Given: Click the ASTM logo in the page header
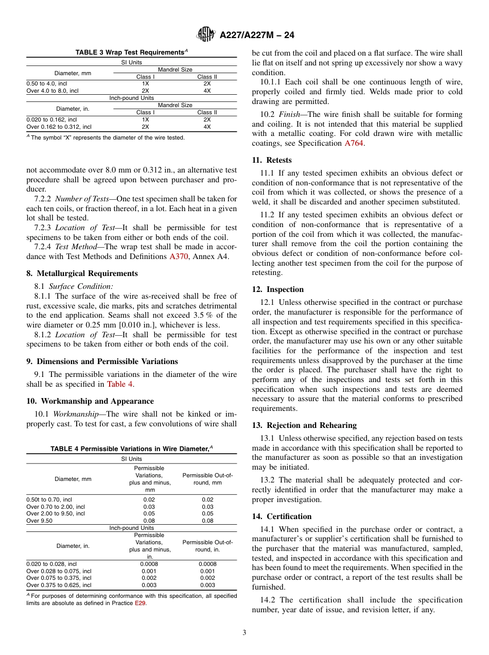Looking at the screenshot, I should click(206, 35).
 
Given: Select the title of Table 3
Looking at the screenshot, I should click(132, 53).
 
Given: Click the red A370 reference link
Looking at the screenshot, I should click(179, 256).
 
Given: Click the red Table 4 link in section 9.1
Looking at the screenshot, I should click(120, 384).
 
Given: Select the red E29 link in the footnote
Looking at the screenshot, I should click(140, 604).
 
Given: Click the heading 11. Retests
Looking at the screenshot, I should click(272, 160).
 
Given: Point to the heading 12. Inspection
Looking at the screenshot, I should click(278, 289).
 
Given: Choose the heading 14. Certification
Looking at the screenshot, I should click(282, 516).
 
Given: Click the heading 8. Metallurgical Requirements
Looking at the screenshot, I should click(82, 273).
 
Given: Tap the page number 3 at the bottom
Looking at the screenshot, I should click(244, 632).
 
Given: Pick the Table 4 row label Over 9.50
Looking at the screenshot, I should click(39, 521).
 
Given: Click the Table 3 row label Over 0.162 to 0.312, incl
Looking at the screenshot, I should click(59, 126).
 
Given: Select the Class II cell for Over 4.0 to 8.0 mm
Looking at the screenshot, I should click(207, 90).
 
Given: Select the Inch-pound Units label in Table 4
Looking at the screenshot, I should click(131, 528).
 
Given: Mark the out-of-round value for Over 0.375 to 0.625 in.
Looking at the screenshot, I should click(207, 585).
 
